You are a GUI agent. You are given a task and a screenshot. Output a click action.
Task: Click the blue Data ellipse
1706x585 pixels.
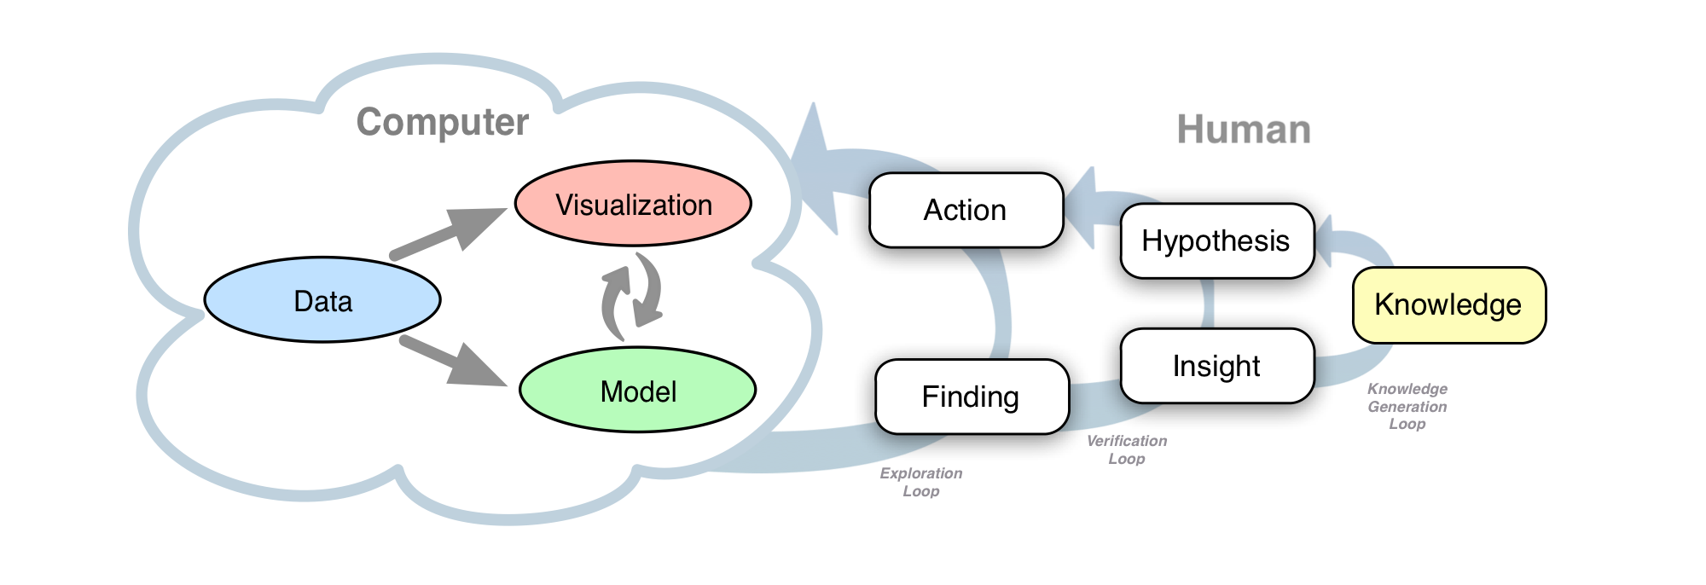pos(322,300)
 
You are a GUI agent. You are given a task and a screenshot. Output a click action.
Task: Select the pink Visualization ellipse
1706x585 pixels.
pos(633,205)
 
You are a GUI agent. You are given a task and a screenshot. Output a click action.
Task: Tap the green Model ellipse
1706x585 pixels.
pos(637,391)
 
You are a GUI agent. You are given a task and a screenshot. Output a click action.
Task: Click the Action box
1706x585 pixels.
pos(966,211)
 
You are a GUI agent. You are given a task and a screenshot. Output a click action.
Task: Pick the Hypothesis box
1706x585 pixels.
pos(1216,241)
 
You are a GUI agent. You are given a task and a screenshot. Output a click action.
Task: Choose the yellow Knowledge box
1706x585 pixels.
pos(1448,305)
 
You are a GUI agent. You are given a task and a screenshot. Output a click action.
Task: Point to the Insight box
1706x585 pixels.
pos(1216,366)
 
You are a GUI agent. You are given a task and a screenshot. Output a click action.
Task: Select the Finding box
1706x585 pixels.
pos(971,397)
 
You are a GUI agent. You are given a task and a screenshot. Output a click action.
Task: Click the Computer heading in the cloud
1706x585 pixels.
pos(442,122)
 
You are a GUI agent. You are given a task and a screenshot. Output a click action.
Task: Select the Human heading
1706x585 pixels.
pos(1243,130)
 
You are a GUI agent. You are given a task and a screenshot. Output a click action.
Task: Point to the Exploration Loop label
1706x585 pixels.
pos(921,482)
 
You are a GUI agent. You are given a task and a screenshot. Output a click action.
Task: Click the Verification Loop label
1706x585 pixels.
pos(1126,449)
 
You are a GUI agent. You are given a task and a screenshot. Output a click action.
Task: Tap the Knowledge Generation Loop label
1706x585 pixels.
pos(1407,406)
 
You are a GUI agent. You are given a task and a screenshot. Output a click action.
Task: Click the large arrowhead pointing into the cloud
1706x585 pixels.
pos(815,171)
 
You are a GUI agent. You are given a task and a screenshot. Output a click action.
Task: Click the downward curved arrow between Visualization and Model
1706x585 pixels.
pos(650,290)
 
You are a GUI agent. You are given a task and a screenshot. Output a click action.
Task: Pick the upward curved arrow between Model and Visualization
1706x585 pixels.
pos(614,303)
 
